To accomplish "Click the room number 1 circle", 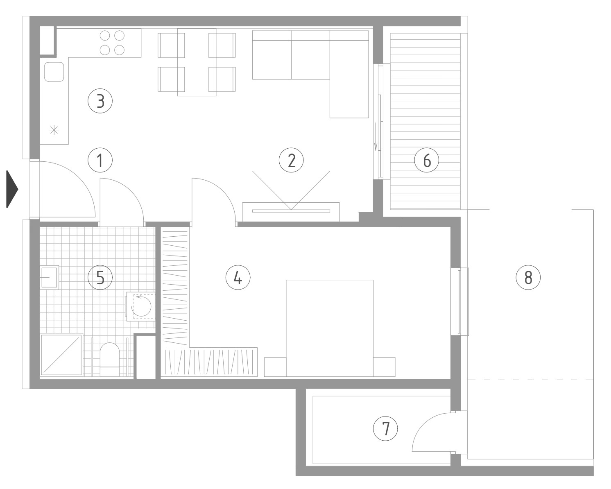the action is pos(100,160).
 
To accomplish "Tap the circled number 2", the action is pos(291,160).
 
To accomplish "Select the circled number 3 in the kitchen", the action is pos(100,101).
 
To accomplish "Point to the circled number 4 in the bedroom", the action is pos(238,277).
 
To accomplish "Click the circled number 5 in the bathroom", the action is pos(100,277).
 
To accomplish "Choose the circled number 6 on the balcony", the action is pos(426,160).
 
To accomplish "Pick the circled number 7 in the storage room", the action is pos(385,428).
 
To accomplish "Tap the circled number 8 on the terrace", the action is pos(528,277).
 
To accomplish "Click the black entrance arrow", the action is pos(12,189).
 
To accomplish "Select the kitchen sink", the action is pos(54,72).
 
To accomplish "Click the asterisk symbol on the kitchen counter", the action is pos(54,130).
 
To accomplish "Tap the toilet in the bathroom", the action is pos(110,360).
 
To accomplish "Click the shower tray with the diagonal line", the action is pos(61,354).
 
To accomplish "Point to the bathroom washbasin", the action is pos(50,277).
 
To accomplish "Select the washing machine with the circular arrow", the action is pos(141,307).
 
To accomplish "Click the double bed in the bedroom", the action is pos(330,328).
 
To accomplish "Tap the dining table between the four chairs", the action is pos(197,62).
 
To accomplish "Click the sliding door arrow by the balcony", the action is pos(376,136).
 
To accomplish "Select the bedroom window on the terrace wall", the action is pos(460,301).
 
